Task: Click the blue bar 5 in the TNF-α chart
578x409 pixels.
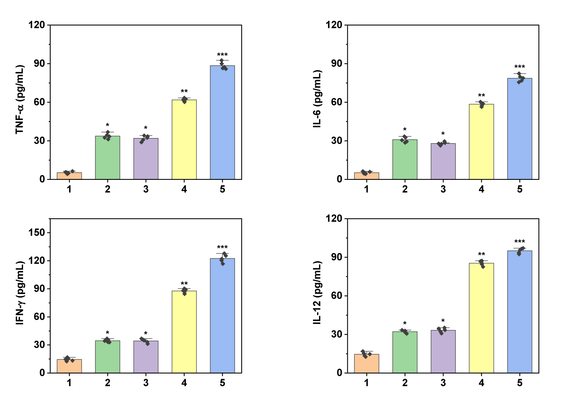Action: [x=222, y=122]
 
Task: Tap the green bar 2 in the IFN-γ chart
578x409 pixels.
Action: [x=108, y=357]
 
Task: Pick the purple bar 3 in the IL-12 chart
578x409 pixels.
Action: [x=443, y=352]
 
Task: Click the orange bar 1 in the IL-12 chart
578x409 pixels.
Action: [x=367, y=363]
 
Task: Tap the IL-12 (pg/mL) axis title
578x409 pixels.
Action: [x=317, y=293]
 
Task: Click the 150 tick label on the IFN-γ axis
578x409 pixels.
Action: [x=37, y=233]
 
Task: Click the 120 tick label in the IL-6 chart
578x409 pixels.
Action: [x=335, y=25]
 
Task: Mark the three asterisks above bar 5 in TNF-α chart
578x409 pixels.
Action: [x=222, y=55]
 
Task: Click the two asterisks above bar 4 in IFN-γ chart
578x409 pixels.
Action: [x=184, y=284]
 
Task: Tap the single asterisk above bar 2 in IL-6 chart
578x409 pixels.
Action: [x=405, y=130]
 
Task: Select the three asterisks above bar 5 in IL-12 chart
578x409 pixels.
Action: [x=520, y=242]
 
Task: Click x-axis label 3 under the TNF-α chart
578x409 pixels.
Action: [x=146, y=189]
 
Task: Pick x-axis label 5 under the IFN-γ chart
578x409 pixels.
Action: [x=222, y=383]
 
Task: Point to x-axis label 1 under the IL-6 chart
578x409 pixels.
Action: [x=367, y=189]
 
